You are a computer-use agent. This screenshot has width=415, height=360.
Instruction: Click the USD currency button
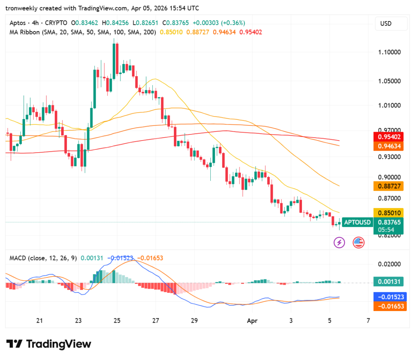(391, 23)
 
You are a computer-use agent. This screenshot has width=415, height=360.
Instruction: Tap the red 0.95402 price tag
(389, 137)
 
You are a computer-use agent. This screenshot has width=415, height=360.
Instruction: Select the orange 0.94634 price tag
(389, 146)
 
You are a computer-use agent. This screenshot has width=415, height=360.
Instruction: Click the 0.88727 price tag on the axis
(389, 186)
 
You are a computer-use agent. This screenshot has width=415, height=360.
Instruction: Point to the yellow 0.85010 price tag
(389, 213)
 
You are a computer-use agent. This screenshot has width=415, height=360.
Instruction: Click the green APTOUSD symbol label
(357, 222)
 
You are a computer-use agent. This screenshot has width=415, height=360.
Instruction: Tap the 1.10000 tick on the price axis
(389, 52)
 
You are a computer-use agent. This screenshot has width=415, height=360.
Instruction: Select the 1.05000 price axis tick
(389, 81)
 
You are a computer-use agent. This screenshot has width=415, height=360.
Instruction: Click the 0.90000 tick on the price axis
(389, 177)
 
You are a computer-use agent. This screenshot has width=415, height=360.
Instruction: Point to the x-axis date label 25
(117, 321)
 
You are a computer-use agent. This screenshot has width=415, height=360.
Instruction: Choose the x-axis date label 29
(194, 321)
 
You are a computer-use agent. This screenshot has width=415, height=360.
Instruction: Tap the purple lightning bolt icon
(339, 243)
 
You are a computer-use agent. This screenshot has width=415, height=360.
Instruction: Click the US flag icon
(359, 243)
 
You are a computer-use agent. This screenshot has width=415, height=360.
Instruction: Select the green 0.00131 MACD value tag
(389, 282)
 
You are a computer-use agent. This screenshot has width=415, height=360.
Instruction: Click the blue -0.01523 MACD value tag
(389, 297)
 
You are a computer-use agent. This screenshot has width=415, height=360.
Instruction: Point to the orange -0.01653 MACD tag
(389, 306)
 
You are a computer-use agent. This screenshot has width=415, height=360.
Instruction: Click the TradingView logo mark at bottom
(15, 344)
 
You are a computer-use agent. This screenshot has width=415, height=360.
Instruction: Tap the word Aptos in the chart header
(17, 23)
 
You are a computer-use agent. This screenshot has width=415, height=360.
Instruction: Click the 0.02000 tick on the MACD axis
(389, 264)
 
